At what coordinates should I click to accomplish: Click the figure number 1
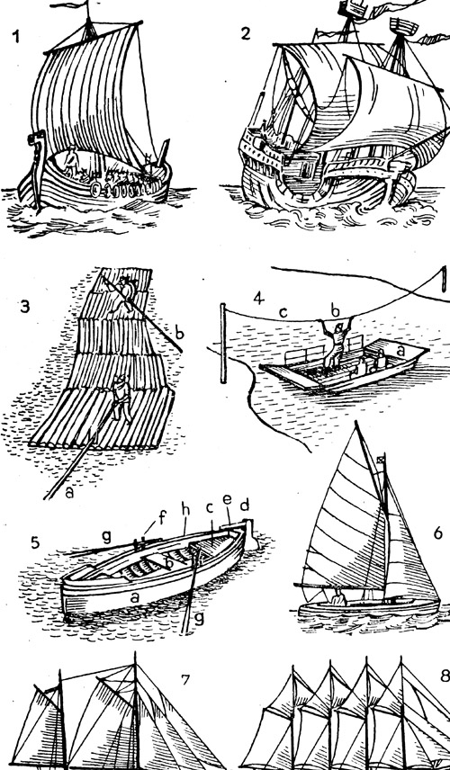pyautogui.click(x=17, y=37)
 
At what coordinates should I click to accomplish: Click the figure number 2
pyautogui.click(x=246, y=33)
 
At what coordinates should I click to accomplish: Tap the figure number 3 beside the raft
pyautogui.click(x=25, y=307)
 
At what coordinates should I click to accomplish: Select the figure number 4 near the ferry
pyautogui.click(x=258, y=298)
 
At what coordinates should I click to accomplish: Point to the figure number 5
pyautogui.click(x=35, y=542)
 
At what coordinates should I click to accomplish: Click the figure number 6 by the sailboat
pyautogui.click(x=438, y=533)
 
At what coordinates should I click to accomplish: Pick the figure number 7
pyautogui.click(x=185, y=680)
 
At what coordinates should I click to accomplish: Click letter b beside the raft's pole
pyautogui.click(x=179, y=334)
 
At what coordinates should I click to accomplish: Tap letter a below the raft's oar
pyautogui.click(x=69, y=492)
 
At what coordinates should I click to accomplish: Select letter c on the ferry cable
pyautogui.click(x=283, y=312)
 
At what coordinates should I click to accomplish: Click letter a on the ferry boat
pyautogui.click(x=400, y=351)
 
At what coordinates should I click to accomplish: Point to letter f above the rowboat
pyautogui.click(x=163, y=517)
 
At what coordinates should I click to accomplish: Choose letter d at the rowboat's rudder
pyautogui.click(x=244, y=506)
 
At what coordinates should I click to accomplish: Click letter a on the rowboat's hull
pyautogui.click(x=133, y=597)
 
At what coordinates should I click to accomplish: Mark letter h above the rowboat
pyautogui.click(x=185, y=511)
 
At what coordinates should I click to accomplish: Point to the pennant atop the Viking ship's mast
pyautogui.click(x=68, y=5)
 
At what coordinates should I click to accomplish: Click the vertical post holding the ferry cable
pyautogui.click(x=223, y=343)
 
